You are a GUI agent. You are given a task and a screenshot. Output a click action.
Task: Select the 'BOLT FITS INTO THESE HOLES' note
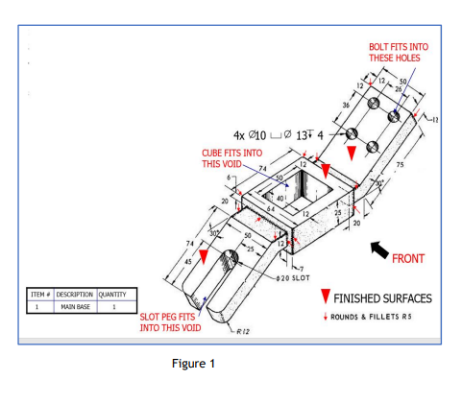coord(398,52)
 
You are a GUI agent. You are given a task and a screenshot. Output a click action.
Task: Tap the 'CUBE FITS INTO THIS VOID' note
coord(231,157)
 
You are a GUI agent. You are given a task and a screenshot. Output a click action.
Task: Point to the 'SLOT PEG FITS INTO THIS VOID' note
coord(169,321)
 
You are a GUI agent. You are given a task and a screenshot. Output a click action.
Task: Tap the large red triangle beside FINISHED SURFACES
coord(327,297)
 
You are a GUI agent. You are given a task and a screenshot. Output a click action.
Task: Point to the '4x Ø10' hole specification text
coord(246,133)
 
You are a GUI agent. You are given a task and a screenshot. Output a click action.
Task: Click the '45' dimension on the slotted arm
coord(186,261)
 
